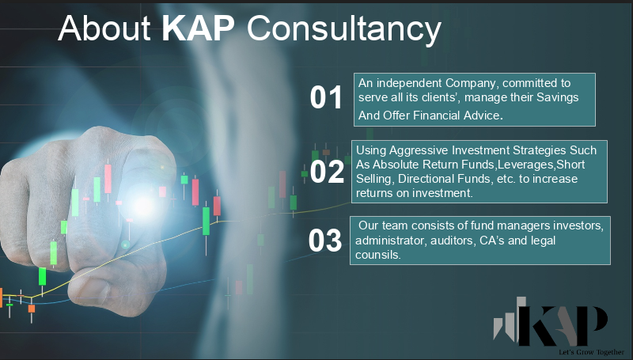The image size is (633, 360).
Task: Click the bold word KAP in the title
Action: pos(199,28)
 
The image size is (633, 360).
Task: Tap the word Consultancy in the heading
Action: pos(344,30)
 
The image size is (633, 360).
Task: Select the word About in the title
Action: pos(104,28)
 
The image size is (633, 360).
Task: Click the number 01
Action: pos(326,97)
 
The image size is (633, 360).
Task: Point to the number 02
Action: pos(327,172)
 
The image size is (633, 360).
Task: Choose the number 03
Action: pos(325,241)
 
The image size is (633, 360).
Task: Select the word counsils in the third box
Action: pos(378,255)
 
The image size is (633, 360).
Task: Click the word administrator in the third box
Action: pos(390,241)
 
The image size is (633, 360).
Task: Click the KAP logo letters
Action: pos(563,325)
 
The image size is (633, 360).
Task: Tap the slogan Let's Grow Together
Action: pos(591,352)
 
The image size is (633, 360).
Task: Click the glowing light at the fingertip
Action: pos(142,205)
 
